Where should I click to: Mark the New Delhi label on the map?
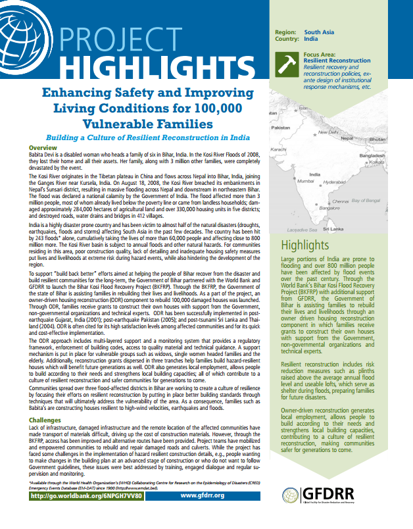328,132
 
